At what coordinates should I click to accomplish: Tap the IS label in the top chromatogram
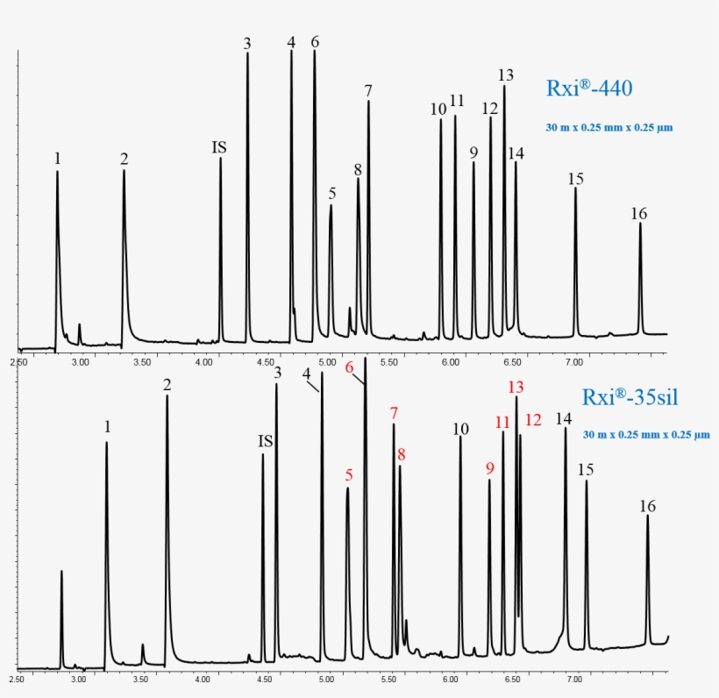coord(219,146)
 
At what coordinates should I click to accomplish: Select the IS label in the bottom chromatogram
coord(265,441)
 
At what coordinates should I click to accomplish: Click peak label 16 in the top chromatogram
coord(638,213)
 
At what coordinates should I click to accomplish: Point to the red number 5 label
coord(349,475)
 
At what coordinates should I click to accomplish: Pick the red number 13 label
coord(516,387)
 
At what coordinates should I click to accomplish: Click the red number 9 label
coord(490,468)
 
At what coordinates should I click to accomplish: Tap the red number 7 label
coord(395,412)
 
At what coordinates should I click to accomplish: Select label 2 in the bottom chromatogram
coord(167,384)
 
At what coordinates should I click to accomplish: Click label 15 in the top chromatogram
coord(575,179)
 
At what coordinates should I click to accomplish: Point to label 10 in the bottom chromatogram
coord(461,429)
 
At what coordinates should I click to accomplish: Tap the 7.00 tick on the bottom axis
coord(574,679)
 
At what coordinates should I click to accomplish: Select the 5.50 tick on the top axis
coord(389,361)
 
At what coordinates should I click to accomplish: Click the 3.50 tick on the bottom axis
coord(141,679)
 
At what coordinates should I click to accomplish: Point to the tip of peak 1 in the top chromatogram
coord(57,172)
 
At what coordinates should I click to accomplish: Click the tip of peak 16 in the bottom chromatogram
coord(648,516)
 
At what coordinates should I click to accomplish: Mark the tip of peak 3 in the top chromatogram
coord(247,53)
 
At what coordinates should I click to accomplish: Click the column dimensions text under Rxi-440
coord(609,128)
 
